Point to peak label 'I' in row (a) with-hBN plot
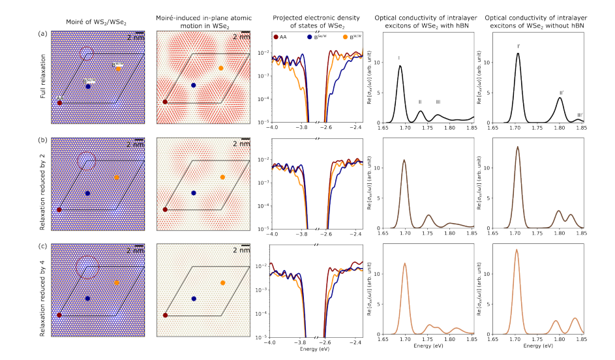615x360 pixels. [x=399, y=58]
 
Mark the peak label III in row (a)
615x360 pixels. [x=438, y=102]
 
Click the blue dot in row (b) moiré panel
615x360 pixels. [x=87, y=194]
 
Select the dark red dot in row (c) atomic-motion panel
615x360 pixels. [x=165, y=315]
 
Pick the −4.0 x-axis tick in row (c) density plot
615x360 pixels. [x=273, y=342]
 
